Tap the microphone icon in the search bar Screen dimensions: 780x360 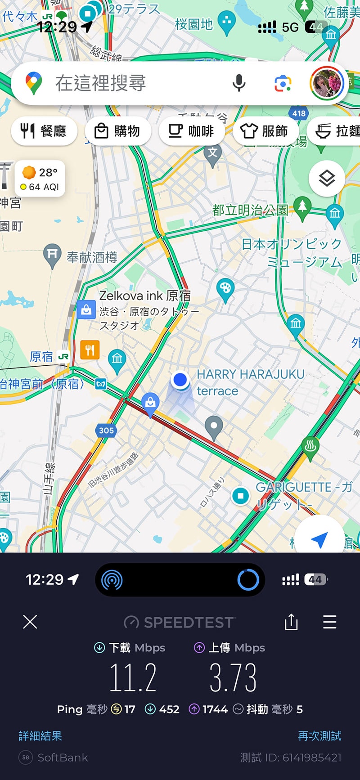point(239,83)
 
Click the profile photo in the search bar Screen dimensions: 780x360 point(327,83)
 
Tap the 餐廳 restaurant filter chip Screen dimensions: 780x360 point(44,131)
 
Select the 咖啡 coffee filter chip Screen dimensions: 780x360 point(191,131)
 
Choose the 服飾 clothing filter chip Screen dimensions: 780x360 point(264,131)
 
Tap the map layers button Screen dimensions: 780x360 point(327,179)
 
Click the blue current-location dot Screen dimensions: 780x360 point(180,380)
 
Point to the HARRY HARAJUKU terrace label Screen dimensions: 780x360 point(250,382)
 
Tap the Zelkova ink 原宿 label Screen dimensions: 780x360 point(145,296)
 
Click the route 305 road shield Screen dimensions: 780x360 point(106,430)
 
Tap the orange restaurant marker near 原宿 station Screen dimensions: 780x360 point(90,350)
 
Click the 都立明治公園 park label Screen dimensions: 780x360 point(250,210)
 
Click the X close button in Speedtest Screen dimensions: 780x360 point(30,622)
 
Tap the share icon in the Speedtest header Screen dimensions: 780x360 point(291,622)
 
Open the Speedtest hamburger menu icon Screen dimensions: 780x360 point(330,622)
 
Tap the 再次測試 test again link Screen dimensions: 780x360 point(319,736)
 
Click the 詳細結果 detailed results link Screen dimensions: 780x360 point(40,736)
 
